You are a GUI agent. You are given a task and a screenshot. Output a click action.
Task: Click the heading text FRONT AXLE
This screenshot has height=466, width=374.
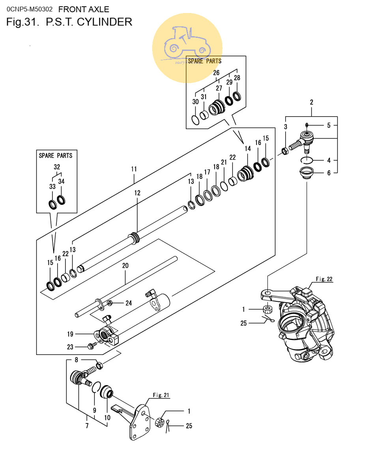[84, 9]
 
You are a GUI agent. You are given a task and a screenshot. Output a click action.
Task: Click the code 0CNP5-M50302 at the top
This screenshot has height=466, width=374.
[30, 9]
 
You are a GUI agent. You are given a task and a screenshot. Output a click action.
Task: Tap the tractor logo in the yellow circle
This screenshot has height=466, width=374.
[187, 43]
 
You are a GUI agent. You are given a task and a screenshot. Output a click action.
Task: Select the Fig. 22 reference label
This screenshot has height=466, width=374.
[324, 279]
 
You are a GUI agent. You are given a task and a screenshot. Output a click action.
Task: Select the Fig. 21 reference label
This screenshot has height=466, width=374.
[161, 395]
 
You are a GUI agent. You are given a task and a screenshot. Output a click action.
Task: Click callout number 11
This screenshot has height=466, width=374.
[134, 169]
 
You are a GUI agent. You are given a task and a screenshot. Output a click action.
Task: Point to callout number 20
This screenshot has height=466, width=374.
[125, 265]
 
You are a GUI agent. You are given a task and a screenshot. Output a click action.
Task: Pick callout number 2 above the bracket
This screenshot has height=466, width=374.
[312, 102]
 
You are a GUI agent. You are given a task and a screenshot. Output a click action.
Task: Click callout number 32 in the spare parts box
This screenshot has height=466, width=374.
[57, 167]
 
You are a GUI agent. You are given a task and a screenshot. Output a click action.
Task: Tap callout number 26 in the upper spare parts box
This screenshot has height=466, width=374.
[216, 72]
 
